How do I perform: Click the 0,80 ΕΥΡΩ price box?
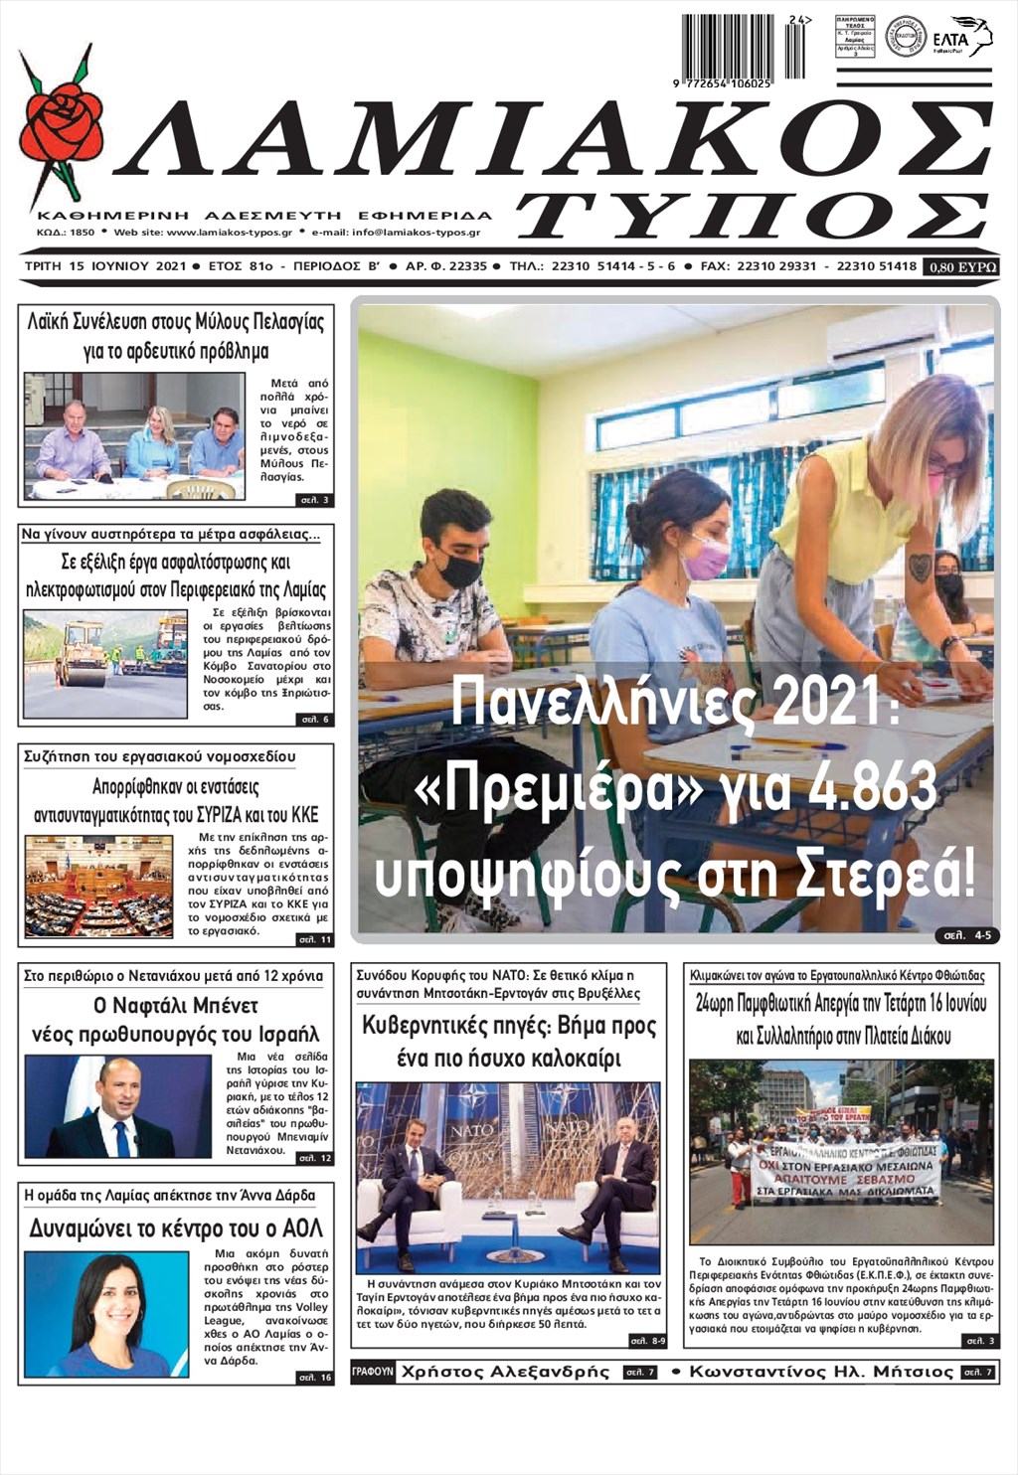tap(960, 266)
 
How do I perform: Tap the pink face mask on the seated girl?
tap(706, 557)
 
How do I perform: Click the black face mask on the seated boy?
tap(459, 570)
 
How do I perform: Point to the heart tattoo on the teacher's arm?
tap(921, 568)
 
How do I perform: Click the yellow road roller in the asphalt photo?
tap(82, 657)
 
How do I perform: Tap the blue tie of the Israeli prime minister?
tap(121, 1138)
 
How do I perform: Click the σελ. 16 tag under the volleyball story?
tap(314, 1377)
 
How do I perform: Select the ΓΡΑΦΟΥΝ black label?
tap(373, 1372)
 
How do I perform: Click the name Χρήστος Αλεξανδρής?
tap(505, 1372)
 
